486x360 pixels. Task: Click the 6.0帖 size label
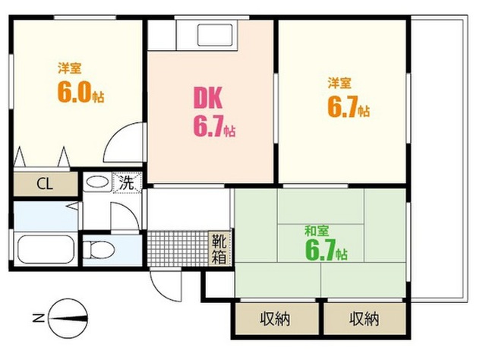[80, 93]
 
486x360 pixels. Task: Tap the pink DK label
[208, 98]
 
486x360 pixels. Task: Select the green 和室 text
[317, 232]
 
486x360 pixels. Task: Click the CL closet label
[45, 185]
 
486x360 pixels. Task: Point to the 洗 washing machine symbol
[127, 183]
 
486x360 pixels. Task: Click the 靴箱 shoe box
[219, 248]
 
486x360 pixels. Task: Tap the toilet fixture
[99, 250]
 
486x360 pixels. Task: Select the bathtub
[46, 250]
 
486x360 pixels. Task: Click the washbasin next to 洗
[97, 182]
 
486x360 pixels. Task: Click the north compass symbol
[68, 318]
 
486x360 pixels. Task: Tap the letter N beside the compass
[39, 318]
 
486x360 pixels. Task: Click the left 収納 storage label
[275, 319]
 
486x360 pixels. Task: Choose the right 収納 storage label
[364, 319]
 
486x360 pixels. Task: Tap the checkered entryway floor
[178, 248]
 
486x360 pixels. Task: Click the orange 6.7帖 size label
[349, 107]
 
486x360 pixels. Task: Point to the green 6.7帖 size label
[327, 251]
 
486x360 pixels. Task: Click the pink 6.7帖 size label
[214, 126]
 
